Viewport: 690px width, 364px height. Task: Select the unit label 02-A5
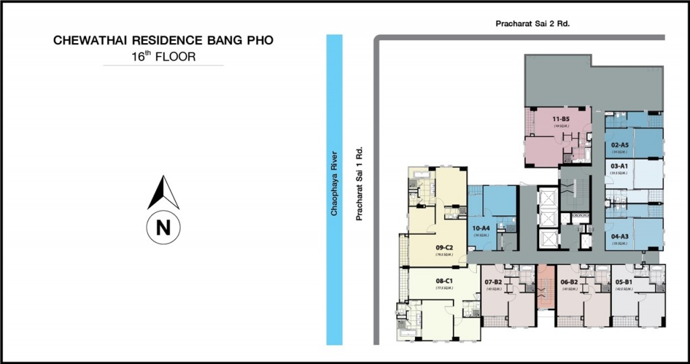tap(620, 145)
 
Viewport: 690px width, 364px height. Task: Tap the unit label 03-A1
tap(619, 166)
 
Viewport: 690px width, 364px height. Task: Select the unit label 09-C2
tap(444, 248)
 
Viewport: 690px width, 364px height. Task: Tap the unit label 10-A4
tap(480, 228)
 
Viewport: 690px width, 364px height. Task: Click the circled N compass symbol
tap(163, 227)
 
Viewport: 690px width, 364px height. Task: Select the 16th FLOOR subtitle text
tap(163, 57)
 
